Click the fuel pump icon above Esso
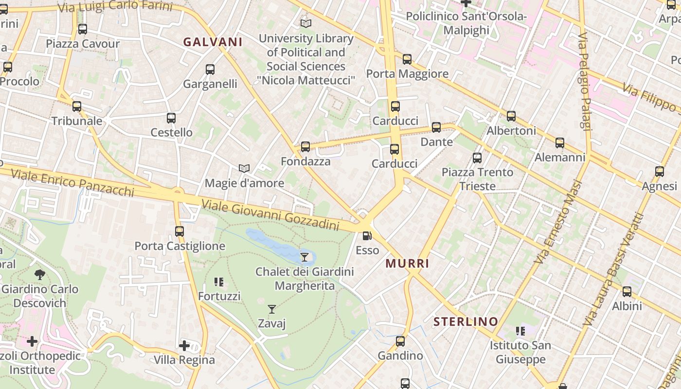(x=367, y=236)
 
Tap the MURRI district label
(x=407, y=264)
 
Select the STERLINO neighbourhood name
(x=466, y=321)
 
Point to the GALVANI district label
(x=213, y=42)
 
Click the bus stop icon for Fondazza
(x=305, y=146)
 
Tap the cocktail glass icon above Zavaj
(x=272, y=309)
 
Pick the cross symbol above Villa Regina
(x=184, y=346)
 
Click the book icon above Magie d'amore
(x=244, y=168)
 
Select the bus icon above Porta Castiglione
(x=179, y=231)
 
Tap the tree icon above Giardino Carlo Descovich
(x=40, y=275)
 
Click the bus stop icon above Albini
(x=627, y=292)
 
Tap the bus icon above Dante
(x=436, y=127)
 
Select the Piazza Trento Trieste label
(x=477, y=179)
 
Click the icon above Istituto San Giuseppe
(x=520, y=331)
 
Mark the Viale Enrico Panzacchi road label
(x=72, y=182)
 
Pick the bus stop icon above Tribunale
(x=77, y=106)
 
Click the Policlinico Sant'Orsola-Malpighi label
(x=466, y=23)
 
